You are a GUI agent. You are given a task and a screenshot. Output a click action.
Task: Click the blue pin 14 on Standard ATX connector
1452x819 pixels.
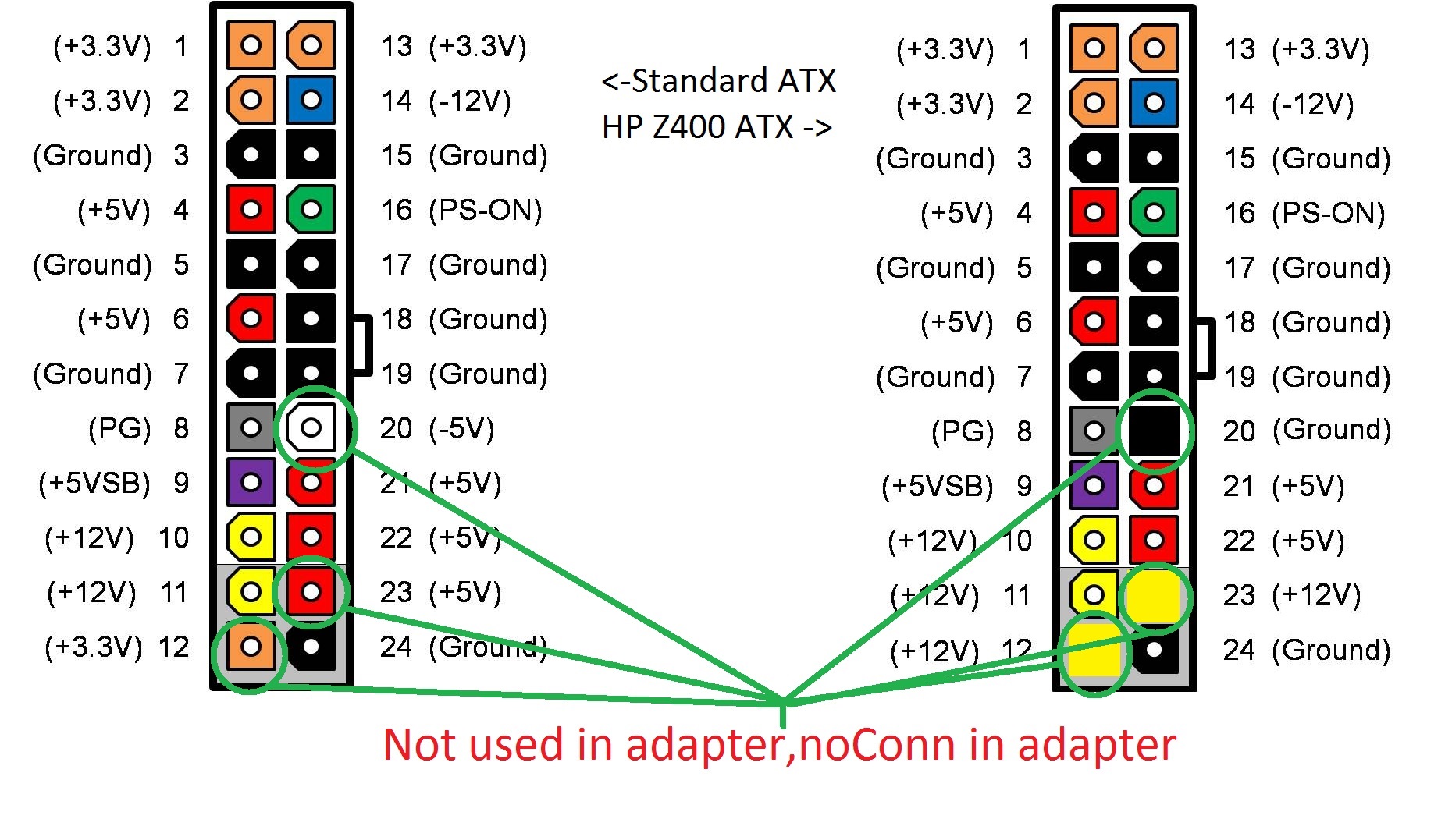click(x=311, y=100)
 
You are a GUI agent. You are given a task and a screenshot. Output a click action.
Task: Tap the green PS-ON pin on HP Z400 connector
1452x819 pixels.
click(x=1154, y=212)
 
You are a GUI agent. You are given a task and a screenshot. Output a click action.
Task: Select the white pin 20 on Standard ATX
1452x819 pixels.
click(x=311, y=427)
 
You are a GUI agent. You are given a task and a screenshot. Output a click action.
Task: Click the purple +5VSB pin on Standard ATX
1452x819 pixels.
click(x=251, y=482)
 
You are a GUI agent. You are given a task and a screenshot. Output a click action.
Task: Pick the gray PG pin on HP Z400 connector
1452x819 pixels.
click(x=1094, y=431)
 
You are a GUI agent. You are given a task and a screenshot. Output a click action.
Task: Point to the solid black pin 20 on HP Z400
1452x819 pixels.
click(x=1154, y=431)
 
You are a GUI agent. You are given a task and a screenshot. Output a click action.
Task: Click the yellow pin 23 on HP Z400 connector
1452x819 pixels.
click(x=1154, y=596)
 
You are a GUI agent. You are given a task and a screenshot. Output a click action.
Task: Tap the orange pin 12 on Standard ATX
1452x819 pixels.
click(x=251, y=646)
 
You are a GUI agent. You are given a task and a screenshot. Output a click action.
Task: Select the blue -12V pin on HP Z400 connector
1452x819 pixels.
click(x=1154, y=103)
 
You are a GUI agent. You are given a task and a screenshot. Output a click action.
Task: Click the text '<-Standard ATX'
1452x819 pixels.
click(x=718, y=81)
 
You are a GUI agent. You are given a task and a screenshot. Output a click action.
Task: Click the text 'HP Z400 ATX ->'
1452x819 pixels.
click(x=717, y=126)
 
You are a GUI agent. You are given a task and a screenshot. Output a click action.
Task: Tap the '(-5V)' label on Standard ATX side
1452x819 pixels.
click(x=461, y=428)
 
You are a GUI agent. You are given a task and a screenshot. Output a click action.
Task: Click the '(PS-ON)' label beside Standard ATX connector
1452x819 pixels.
click(x=485, y=210)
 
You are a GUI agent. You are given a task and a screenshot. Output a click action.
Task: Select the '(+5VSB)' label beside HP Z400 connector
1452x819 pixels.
click(x=937, y=486)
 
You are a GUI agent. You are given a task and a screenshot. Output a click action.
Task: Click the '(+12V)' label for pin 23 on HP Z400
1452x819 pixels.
click(x=1316, y=595)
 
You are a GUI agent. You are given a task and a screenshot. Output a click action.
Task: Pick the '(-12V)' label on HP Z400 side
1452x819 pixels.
click(x=1312, y=104)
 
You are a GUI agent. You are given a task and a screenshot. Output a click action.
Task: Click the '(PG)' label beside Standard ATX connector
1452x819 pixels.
click(x=119, y=428)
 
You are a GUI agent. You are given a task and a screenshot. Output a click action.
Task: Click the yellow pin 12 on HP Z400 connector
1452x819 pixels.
click(x=1094, y=649)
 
